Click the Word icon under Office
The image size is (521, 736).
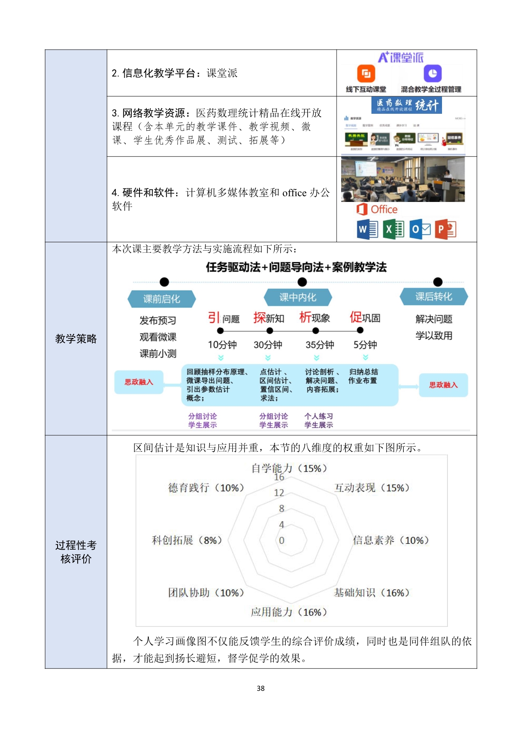click(x=367, y=229)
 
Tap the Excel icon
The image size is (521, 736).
click(x=393, y=229)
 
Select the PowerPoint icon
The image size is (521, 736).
click(x=445, y=229)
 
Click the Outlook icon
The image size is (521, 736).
click(x=420, y=229)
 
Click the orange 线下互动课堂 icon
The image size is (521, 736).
click(x=366, y=74)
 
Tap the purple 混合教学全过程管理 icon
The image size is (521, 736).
click(x=432, y=74)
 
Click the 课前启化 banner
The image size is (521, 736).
click(x=162, y=299)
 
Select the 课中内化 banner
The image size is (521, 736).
click(x=298, y=297)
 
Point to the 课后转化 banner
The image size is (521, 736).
click(x=434, y=296)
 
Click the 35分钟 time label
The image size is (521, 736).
click(x=320, y=345)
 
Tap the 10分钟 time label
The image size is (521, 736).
click(x=222, y=345)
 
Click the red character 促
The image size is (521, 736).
click(x=356, y=317)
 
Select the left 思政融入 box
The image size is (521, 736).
click(x=139, y=382)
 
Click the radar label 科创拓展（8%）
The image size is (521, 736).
click(x=187, y=540)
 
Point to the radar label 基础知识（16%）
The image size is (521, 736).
click(x=371, y=592)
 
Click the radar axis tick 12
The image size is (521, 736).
click(x=279, y=493)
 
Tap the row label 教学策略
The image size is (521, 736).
click(x=76, y=338)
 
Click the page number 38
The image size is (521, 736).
click(x=260, y=688)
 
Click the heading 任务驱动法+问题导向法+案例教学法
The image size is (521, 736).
click(x=296, y=267)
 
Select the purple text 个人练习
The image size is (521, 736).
click(x=318, y=416)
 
